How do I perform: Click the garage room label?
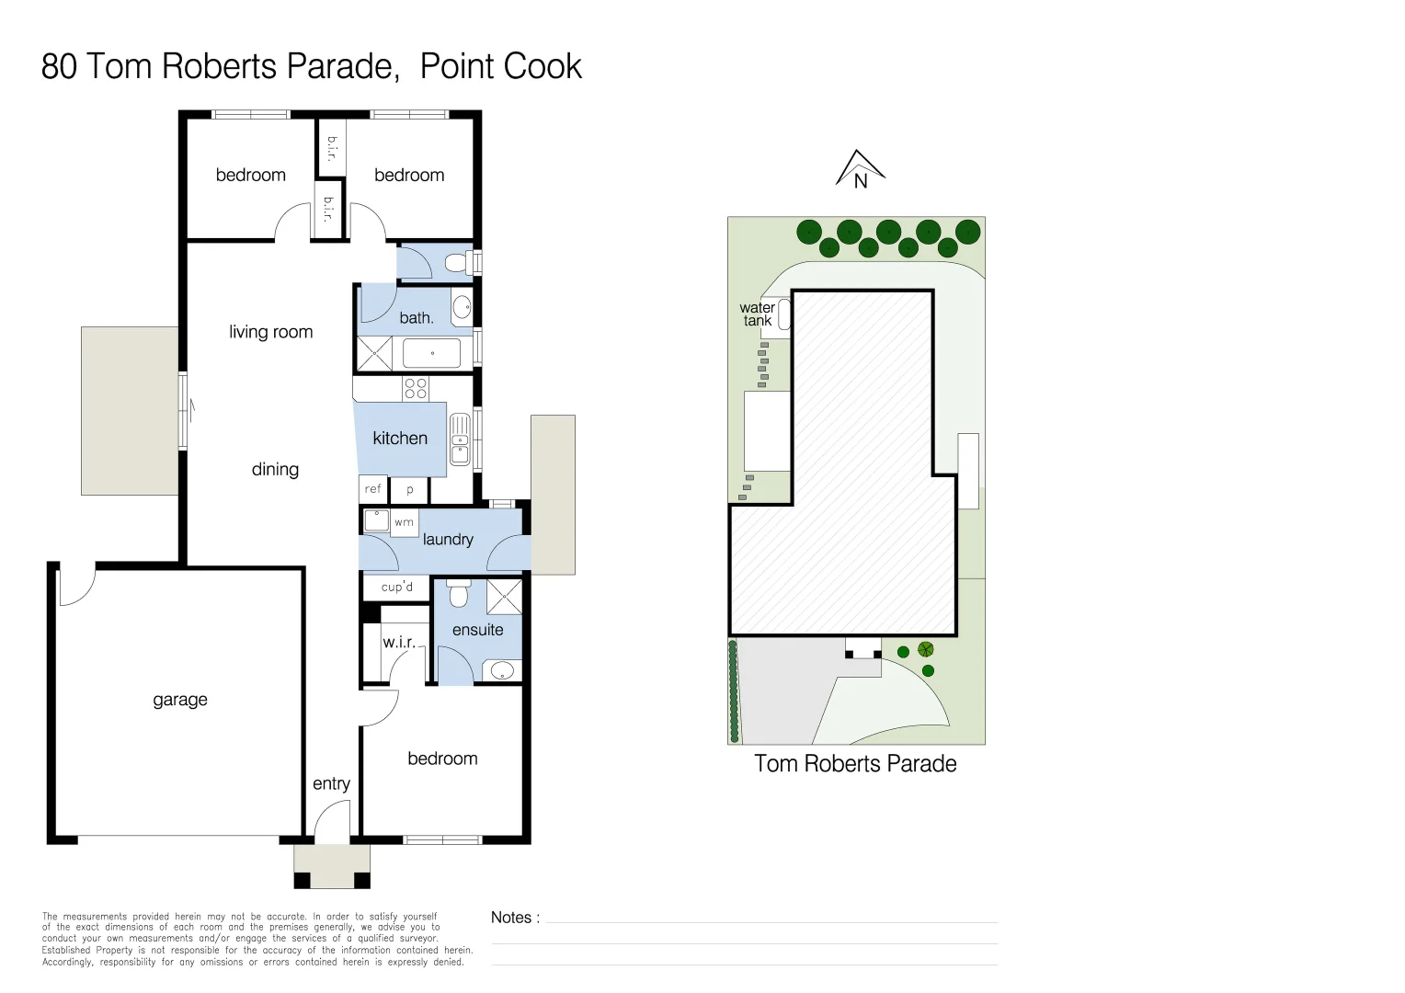pyautogui.click(x=180, y=700)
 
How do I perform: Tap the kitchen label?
pyautogui.click(x=400, y=439)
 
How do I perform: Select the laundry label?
pyautogui.click(x=448, y=540)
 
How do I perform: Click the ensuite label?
pyautogui.click(x=477, y=630)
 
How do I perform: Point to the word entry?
pyautogui.click(x=331, y=783)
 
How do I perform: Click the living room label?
pyautogui.click(x=270, y=332)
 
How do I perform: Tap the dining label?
pyautogui.click(x=275, y=470)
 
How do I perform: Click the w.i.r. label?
pyautogui.click(x=399, y=642)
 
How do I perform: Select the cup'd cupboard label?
pyautogui.click(x=397, y=587)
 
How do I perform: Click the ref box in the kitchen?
pyautogui.click(x=372, y=489)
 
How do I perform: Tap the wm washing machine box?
pyautogui.click(x=404, y=522)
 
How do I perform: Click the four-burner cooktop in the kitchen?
pyautogui.click(x=416, y=388)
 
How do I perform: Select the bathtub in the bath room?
pyautogui.click(x=432, y=353)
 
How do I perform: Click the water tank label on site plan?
pyautogui.click(x=757, y=314)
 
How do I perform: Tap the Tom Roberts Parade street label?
pyautogui.click(x=855, y=764)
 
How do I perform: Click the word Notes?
pyautogui.click(x=511, y=918)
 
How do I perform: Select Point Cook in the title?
pyautogui.click(x=501, y=67)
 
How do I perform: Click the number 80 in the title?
pyautogui.click(x=59, y=67)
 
